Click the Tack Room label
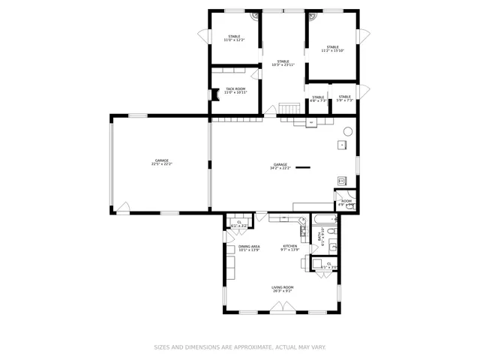click(x=235, y=90)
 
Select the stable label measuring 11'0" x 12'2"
click(x=235, y=37)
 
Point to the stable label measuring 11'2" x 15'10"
click(x=333, y=49)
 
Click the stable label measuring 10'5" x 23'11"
click(x=283, y=63)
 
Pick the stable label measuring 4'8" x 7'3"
click(x=318, y=98)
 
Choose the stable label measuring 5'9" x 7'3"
click(x=344, y=98)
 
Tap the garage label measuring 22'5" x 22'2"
click(x=161, y=162)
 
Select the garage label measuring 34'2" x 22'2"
click(x=280, y=166)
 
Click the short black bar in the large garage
click(x=303, y=167)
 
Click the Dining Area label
click(x=249, y=248)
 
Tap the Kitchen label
click(x=289, y=247)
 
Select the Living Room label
click(x=283, y=289)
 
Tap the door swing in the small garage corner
click(x=122, y=207)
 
